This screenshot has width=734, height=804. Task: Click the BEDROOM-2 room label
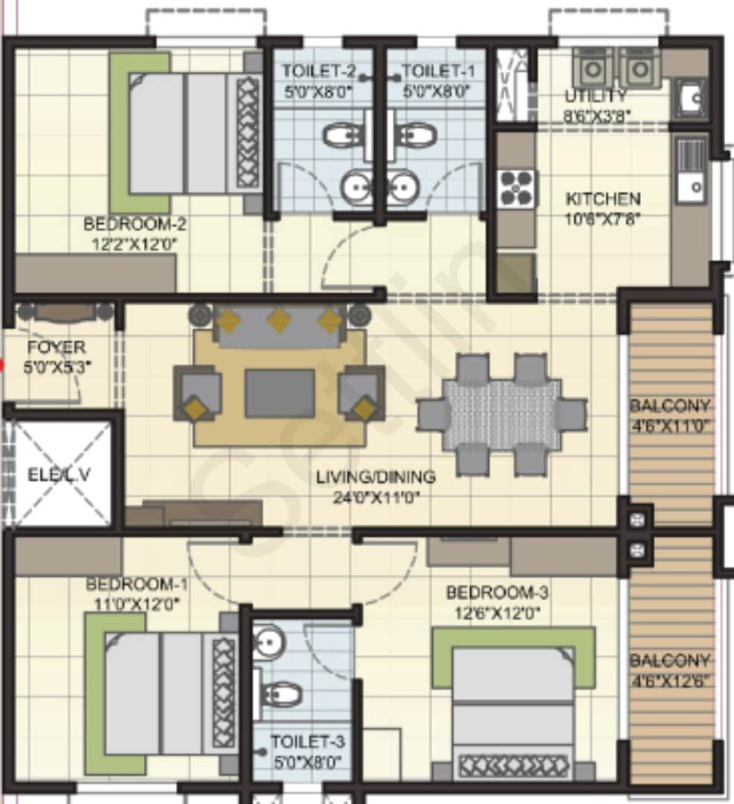point(135,223)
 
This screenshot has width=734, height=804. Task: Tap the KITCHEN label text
point(603,199)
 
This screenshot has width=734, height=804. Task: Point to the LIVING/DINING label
point(375,476)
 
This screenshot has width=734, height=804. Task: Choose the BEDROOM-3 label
point(497,593)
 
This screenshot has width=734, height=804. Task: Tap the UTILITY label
point(595,96)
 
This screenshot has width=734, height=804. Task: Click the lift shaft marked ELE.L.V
point(60,474)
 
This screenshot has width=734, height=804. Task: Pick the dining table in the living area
point(502,415)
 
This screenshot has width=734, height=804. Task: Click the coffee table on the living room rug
point(279,393)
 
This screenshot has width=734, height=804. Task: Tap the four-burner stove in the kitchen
point(517,188)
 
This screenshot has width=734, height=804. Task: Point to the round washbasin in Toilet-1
point(405,185)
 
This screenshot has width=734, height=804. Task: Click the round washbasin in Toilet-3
point(266,639)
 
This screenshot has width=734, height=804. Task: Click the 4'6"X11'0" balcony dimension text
point(671,427)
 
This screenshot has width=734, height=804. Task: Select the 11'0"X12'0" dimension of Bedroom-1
point(132,604)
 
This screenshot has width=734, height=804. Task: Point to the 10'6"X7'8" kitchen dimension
point(603,219)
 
